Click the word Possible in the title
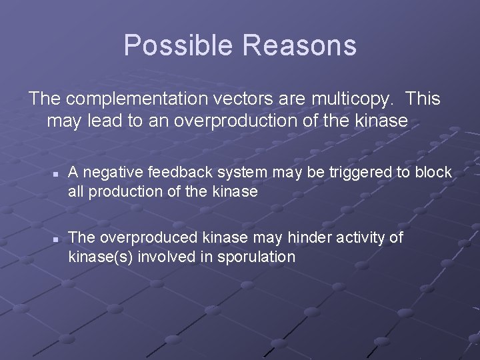[x=179, y=46]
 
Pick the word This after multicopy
[x=423, y=99]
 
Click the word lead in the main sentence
[x=103, y=121]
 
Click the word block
[x=433, y=173]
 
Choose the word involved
[x=162, y=257]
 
